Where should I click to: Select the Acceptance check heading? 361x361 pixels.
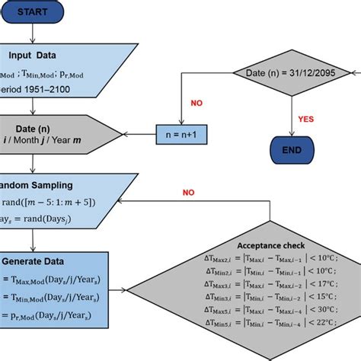pyautogui.click(x=272, y=245)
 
